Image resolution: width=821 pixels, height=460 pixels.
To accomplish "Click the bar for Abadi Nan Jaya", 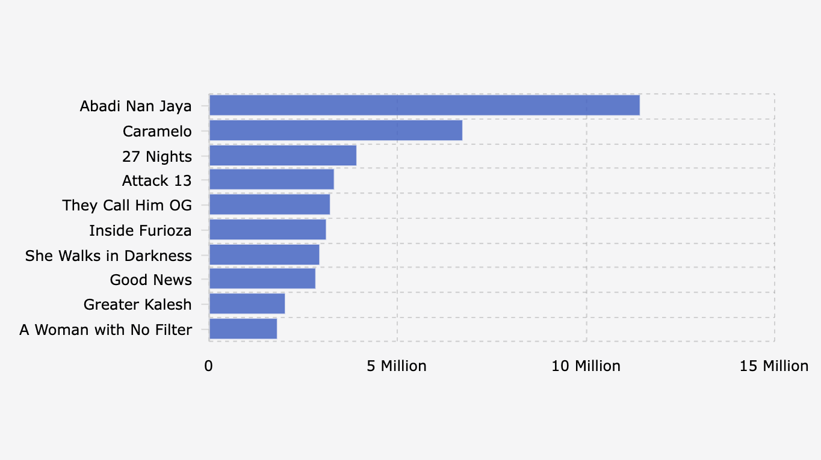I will tap(424, 106).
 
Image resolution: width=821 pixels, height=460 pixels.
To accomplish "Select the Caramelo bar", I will tap(335, 130).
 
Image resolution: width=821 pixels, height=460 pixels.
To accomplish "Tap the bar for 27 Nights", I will tap(282, 156).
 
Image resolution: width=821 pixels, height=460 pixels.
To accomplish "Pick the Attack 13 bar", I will tap(271, 180).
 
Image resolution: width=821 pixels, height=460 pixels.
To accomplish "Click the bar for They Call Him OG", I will tap(269, 205).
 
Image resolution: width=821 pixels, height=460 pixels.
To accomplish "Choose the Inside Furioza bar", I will tap(267, 230).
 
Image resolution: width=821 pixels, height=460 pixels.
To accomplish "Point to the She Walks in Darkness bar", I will tap(264, 255).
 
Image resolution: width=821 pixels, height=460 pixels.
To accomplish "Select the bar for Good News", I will tap(262, 279).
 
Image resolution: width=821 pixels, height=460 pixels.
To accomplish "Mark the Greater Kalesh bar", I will tap(247, 304).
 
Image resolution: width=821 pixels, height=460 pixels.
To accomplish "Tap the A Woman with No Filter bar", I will tap(243, 329).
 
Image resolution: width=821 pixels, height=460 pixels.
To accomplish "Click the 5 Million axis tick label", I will tap(397, 366).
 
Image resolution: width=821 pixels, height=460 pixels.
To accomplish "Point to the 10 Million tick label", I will tap(586, 366).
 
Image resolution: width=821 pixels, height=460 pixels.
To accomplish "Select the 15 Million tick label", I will tap(774, 366).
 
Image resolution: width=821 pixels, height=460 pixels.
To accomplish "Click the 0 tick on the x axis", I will tap(208, 366).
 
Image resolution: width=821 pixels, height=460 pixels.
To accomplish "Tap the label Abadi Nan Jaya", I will tap(135, 106).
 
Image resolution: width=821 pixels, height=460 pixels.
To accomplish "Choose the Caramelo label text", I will tap(157, 131).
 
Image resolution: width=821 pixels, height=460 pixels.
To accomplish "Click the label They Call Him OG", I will tap(127, 206).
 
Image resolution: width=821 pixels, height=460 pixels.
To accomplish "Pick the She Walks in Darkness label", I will tap(108, 256).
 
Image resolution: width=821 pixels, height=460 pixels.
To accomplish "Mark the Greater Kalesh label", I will tap(137, 305).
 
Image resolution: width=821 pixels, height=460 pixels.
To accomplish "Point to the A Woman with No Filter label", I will tap(105, 330).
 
